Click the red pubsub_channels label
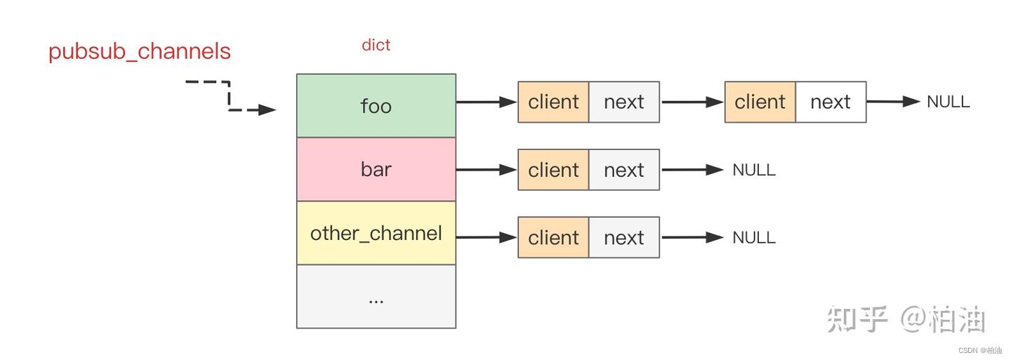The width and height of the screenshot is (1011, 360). coord(140,52)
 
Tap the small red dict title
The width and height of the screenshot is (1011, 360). coord(376,45)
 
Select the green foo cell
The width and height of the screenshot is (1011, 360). coord(376,106)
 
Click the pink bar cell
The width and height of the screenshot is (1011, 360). coord(376,169)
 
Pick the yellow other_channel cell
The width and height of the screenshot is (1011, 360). coord(376,233)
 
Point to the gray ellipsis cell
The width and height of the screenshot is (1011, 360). coord(376,296)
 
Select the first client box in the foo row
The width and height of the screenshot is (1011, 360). coord(553,102)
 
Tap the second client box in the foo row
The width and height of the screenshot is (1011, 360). coord(760,102)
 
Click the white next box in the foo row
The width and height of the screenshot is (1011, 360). coord(831,102)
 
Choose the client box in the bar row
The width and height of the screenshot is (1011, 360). coord(553,170)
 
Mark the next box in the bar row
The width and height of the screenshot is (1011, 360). coord(623,170)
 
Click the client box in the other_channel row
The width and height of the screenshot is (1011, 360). coord(553,238)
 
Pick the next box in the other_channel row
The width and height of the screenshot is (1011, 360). coord(623,238)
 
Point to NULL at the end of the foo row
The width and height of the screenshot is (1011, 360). coord(948,102)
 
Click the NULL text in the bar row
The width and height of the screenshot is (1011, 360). coord(753,170)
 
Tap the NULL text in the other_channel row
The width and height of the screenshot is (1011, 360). coord(753,238)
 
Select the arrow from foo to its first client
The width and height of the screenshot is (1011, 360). coord(486,102)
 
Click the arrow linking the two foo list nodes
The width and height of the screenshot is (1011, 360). coord(692,102)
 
